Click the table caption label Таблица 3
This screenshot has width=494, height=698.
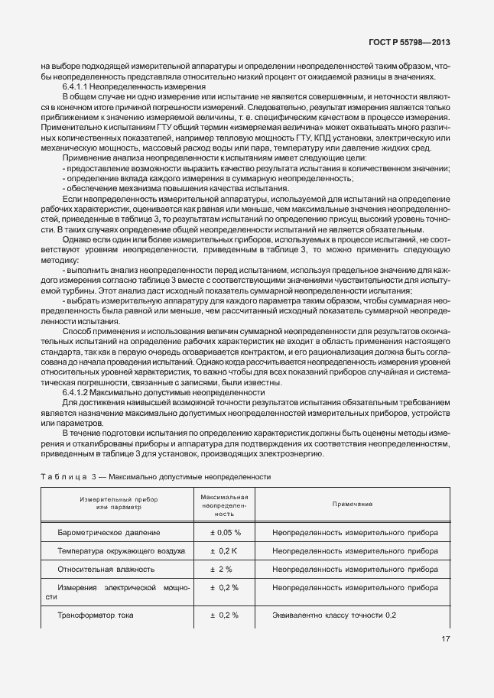click(69, 476)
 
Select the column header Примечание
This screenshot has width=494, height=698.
click(353, 505)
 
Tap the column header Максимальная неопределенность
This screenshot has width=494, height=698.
click(225, 505)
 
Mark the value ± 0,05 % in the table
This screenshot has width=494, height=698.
click(225, 532)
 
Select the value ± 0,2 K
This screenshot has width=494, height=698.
click(225, 550)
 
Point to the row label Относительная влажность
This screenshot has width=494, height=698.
click(106, 569)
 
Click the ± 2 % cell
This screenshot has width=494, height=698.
click(225, 569)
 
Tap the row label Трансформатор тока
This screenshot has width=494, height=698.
click(96, 615)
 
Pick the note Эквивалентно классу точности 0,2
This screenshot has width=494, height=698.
click(334, 615)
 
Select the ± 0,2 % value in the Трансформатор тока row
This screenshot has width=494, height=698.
click(225, 615)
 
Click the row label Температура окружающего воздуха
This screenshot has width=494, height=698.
click(121, 550)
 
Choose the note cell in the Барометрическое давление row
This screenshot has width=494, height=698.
click(355, 532)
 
